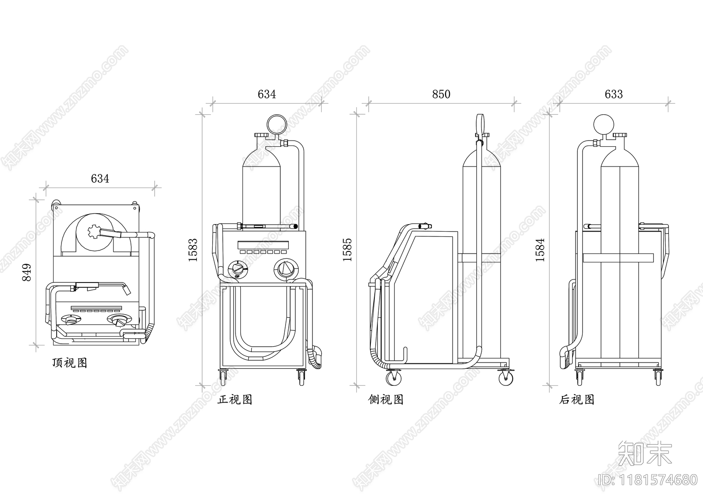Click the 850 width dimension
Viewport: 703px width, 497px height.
[x=441, y=94]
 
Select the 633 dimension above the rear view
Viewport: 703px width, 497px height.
[x=613, y=94]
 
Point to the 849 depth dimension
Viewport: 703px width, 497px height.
[x=27, y=272]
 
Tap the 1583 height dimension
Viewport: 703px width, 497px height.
[x=193, y=250]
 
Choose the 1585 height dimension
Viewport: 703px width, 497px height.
[x=348, y=250]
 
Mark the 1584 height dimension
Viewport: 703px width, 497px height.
[x=540, y=250]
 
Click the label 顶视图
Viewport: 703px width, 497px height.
[x=69, y=363]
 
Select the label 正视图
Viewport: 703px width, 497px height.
[x=235, y=400]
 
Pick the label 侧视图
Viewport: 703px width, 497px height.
[x=386, y=400]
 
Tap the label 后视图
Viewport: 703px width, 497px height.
[x=577, y=400]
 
